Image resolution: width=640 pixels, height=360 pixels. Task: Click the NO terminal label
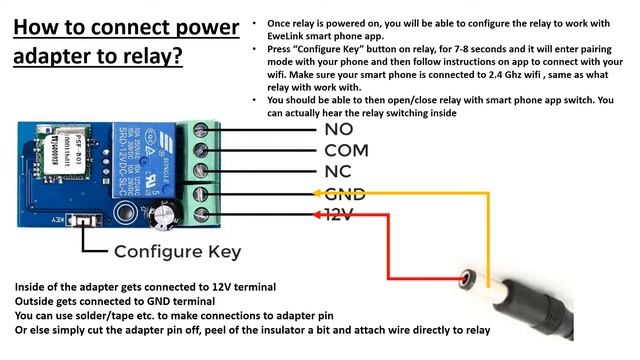tap(340, 129)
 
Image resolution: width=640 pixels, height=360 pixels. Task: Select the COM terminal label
tap(347, 150)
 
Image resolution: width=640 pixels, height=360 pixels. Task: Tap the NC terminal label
tap(339, 171)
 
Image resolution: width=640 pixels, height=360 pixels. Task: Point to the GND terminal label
tap(345, 194)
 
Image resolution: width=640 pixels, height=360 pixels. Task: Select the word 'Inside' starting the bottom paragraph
tap(32, 287)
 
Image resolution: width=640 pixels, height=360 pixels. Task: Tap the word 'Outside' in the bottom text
tap(37, 301)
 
